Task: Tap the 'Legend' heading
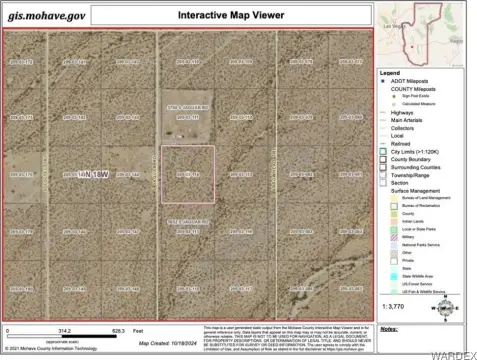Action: [389, 72]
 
